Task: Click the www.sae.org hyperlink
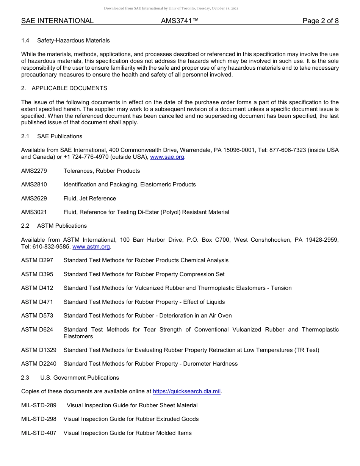click(x=167, y=157)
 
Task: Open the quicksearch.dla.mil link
click(x=186, y=391)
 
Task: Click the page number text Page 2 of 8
click(x=320, y=21)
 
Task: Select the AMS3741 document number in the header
click(x=180, y=21)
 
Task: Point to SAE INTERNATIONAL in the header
click(x=57, y=21)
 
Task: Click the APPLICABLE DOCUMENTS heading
click(x=69, y=88)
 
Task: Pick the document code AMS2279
click(x=34, y=171)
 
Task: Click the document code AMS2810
click(x=34, y=185)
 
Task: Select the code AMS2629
click(x=34, y=199)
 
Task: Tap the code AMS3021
click(x=34, y=212)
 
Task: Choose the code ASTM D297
click(x=37, y=260)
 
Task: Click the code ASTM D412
click(x=37, y=288)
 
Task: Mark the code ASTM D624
click(x=37, y=330)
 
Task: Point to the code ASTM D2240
click(x=39, y=364)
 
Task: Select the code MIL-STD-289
click(x=39, y=405)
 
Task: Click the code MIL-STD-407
click(x=39, y=433)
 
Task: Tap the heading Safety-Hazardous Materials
click(x=74, y=40)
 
